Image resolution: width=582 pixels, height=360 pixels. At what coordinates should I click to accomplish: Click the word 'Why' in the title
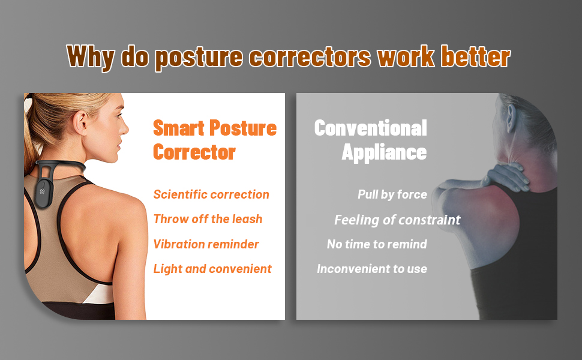pos(91,57)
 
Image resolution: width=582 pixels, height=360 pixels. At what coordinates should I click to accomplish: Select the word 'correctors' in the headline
pos(310,57)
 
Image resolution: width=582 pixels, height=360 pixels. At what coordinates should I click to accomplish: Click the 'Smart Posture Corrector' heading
pos(215,140)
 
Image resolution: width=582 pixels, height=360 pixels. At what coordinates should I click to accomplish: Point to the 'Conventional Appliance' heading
pos(370,140)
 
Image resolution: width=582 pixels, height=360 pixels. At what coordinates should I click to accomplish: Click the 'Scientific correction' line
pos(211,194)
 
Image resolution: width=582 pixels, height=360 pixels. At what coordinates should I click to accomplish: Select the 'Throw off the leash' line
pos(208,219)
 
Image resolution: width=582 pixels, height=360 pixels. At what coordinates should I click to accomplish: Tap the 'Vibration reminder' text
pos(206,244)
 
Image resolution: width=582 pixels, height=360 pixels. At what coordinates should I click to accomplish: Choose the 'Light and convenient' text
pos(212,269)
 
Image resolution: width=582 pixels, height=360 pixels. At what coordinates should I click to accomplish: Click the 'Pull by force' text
pos(392,194)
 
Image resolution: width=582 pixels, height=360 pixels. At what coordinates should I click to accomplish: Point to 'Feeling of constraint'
pos(397,220)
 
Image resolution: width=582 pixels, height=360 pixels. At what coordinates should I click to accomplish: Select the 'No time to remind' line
pos(377,244)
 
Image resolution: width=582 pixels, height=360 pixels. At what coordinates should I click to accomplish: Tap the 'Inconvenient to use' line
pos(372,269)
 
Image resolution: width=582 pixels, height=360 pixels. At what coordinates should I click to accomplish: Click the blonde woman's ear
pos(81,122)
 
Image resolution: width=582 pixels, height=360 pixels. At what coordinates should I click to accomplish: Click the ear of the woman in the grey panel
pos(511,118)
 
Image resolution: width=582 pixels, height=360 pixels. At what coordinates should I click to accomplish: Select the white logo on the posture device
pos(43,191)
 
